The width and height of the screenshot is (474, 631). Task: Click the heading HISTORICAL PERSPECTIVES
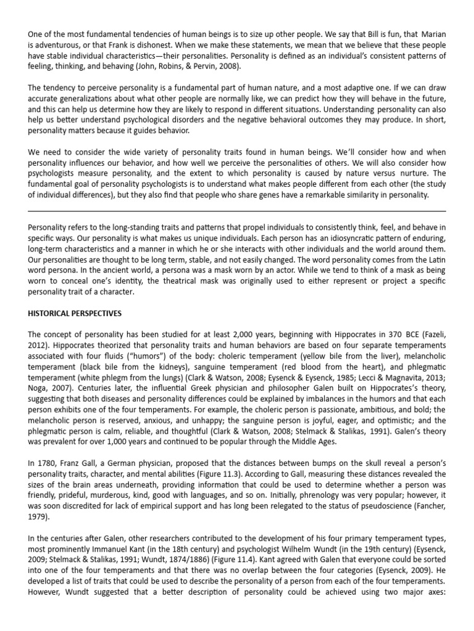75,313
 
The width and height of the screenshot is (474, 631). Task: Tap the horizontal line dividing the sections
237,211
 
